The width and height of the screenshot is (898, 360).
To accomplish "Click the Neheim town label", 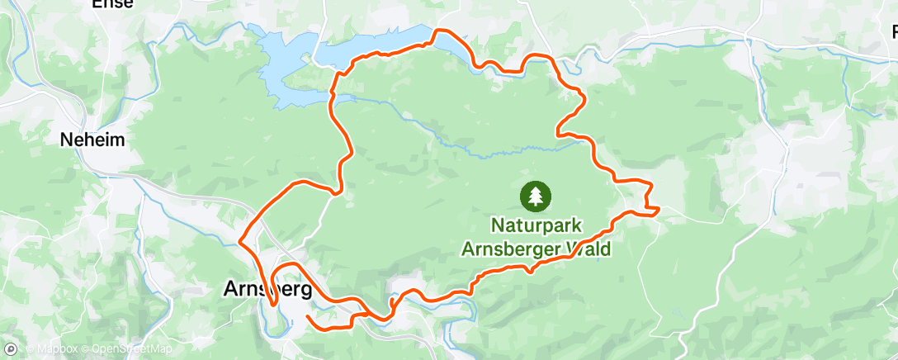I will (x=92, y=140).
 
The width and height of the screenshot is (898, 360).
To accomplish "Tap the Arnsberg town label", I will (x=268, y=290).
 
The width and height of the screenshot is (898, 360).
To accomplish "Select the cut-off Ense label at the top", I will (x=112, y=4).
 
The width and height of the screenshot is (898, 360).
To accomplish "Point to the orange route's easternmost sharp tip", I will (x=658, y=211).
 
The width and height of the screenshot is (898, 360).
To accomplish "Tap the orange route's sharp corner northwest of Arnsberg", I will (x=240, y=242).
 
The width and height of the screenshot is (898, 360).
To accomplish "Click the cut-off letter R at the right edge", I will (x=894, y=33).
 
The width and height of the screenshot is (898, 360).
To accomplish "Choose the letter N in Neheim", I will (x=66, y=140).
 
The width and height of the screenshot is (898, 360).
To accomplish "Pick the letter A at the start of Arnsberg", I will (x=232, y=290).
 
